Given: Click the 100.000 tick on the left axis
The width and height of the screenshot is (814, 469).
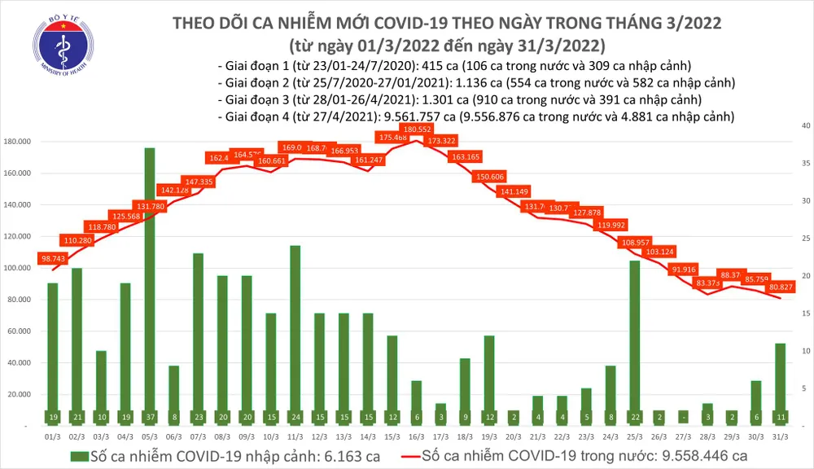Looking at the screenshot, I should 18,268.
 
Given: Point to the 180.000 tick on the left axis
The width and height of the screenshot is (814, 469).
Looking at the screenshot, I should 18,142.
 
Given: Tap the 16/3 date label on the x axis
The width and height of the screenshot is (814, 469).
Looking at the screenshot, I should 416,436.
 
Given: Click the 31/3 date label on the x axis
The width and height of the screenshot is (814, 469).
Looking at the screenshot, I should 779,436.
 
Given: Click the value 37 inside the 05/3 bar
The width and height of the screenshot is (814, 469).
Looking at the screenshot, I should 150,416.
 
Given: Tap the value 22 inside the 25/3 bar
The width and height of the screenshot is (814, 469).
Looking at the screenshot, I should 634,416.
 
